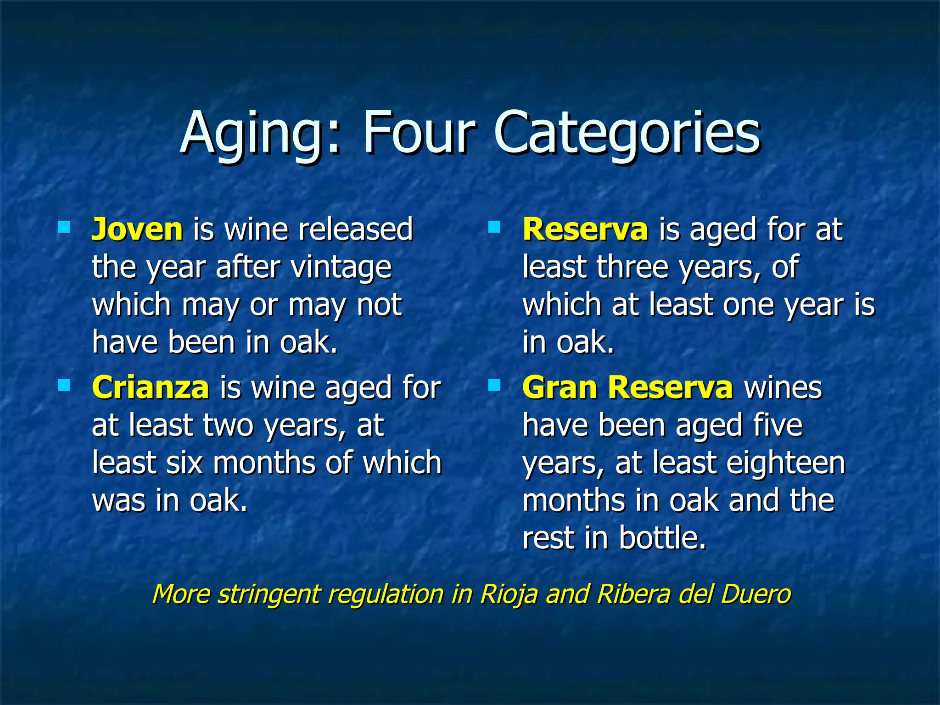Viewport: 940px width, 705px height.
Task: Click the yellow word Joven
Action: coord(137,229)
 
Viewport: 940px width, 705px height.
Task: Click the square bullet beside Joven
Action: coord(64,227)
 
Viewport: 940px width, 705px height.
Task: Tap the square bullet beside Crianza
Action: coord(64,385)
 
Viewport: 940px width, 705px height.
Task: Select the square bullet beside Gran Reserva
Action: coord(494,385)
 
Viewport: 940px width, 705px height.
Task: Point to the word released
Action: coord(356,229)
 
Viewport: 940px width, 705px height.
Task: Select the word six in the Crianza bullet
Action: coord(185,463)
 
